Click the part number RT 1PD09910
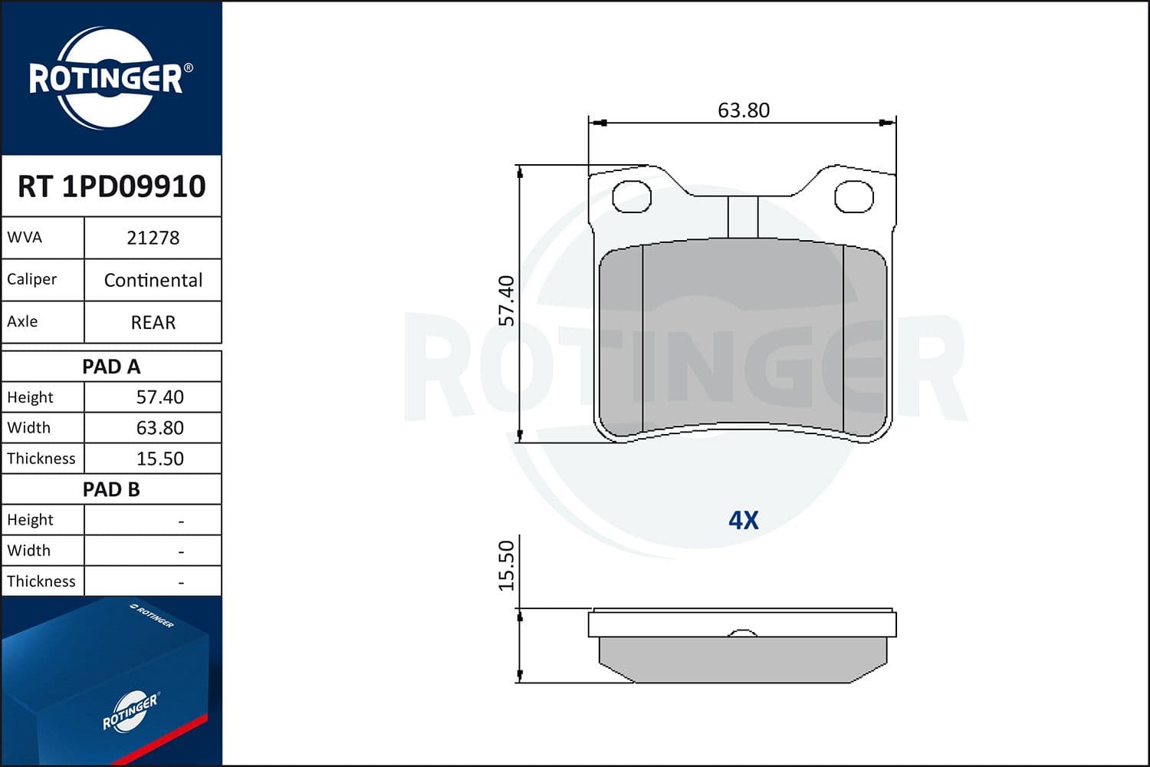112,186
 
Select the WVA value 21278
153,238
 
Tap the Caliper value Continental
153,280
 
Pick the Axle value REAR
153,322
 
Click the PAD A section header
112,367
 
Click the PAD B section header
112,489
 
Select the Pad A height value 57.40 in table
159,397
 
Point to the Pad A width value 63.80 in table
159,428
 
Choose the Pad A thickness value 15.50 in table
159,459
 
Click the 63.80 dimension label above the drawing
743,110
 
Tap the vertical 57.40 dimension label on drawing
507,301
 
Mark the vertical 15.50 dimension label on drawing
507,565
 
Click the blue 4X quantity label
743,520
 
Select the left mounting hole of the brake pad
632,197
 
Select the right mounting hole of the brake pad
853,197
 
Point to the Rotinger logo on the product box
130,712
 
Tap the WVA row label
25,238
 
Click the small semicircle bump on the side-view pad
742,633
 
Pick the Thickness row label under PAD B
41,581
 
